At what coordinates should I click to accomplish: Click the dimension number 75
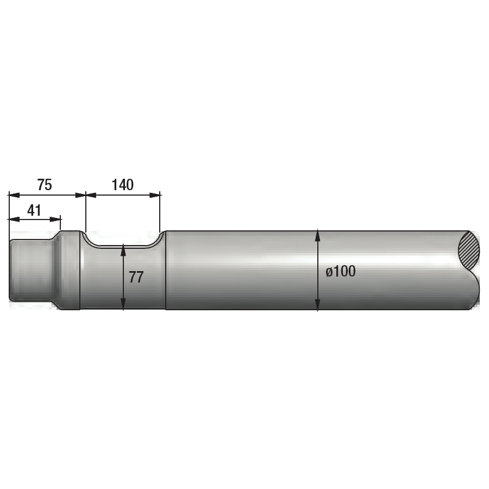(x=45, y=185)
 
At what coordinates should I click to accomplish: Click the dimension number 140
(x=122, y=185)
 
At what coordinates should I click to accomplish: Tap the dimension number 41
(x=34, y=210)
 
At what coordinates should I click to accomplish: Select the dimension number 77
(x=136, y=277)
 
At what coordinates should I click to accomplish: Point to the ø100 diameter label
(x=341, y=271)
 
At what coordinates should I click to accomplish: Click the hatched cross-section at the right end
(x=469, y=250)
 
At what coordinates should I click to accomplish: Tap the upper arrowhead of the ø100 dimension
(x=318, y=235)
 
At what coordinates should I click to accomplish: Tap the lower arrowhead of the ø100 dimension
(x=318, y=306)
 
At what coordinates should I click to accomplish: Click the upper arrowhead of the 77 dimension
(x=124, y=249)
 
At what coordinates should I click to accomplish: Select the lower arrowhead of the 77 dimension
(x=124, y=306)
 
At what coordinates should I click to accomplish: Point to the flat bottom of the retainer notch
(x=124, y=246)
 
